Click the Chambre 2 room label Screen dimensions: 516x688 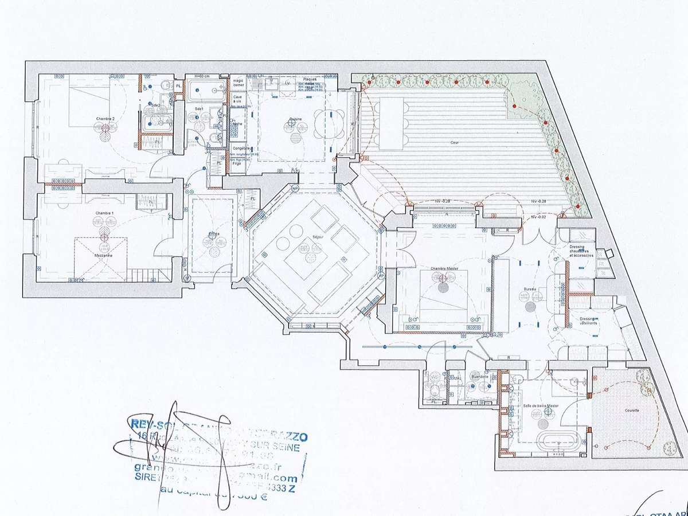click(x=104, y=119)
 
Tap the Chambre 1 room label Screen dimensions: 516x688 click(x=104, y=213)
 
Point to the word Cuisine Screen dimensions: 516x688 click(x=295, y=120)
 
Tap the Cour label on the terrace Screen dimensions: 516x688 click(x=454, y=142)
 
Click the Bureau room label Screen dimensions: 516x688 click(x=529, y=290)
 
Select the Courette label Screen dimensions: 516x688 click(x=632, y=411)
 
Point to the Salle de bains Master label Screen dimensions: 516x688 click(x=541, y=406)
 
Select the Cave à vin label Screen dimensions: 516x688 click(x=237, y=99)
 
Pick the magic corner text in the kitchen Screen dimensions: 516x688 click(x=238, y=83)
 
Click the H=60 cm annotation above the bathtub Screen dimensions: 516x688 click(x=202, y=76)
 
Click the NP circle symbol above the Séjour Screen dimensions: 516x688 click(x=295, y=188)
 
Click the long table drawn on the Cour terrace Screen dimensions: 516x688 click(x=392, y=123)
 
